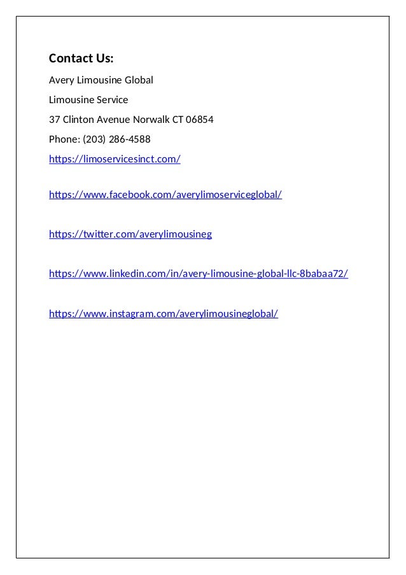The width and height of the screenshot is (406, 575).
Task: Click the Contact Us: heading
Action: [81, 59]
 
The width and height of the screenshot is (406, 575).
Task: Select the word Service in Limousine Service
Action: [112, 100]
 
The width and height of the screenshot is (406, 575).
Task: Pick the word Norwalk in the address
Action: [151, 120]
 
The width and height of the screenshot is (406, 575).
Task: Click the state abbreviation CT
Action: [178, 120]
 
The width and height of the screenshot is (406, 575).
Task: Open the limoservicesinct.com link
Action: [115, 159]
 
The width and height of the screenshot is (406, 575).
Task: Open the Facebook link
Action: [165, 194]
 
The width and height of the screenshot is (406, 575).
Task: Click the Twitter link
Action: [130, 234]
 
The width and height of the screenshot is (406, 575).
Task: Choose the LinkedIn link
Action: [199, 274]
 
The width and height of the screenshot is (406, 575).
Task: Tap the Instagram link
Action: [164, 314]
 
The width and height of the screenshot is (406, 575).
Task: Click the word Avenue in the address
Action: [113, 120]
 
